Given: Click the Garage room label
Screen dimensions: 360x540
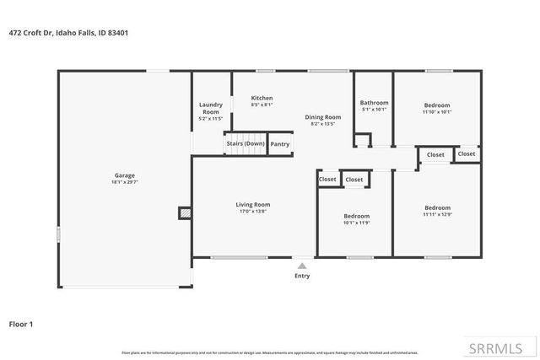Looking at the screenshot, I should (124, 175).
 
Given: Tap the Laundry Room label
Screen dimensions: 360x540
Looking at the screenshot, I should (210, 108).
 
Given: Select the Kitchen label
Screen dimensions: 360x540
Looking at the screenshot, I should (262, 98).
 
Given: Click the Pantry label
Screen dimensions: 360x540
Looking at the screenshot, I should (280, 144).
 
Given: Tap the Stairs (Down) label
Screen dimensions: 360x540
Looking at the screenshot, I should (246, 144).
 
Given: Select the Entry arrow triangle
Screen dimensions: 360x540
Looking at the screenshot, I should (302, 266).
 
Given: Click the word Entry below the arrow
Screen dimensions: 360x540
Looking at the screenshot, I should (302, 276).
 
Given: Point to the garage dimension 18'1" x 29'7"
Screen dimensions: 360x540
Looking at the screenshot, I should (124, 182).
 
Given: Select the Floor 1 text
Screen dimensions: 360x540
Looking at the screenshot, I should (21, 323).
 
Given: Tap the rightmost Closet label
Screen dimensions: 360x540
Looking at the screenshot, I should (467, 153).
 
